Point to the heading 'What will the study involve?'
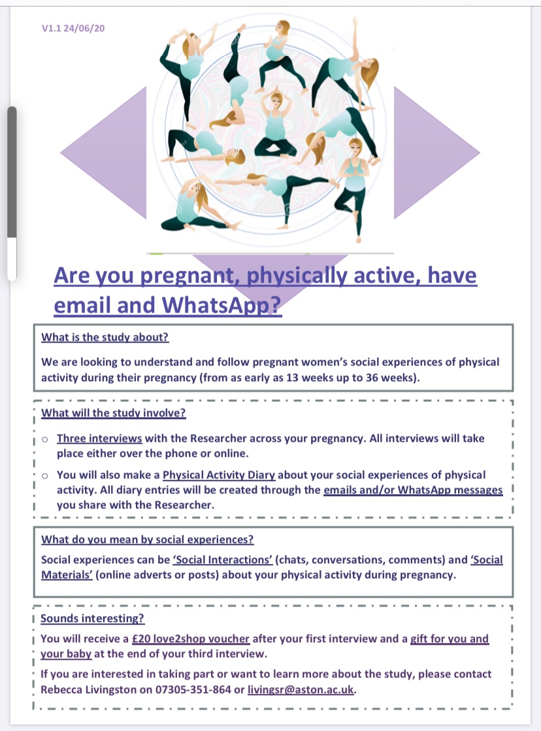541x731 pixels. [x=113, y=412]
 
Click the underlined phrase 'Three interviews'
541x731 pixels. [x=99, y=439]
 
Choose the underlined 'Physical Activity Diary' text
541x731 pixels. [x=219, y=475]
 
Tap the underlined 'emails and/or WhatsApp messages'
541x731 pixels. [x=413, y=490]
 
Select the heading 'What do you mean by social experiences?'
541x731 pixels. [x=147, y=540]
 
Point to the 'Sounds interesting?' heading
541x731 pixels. [x=93, y=618]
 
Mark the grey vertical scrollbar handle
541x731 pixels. [x=12, y=173]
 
